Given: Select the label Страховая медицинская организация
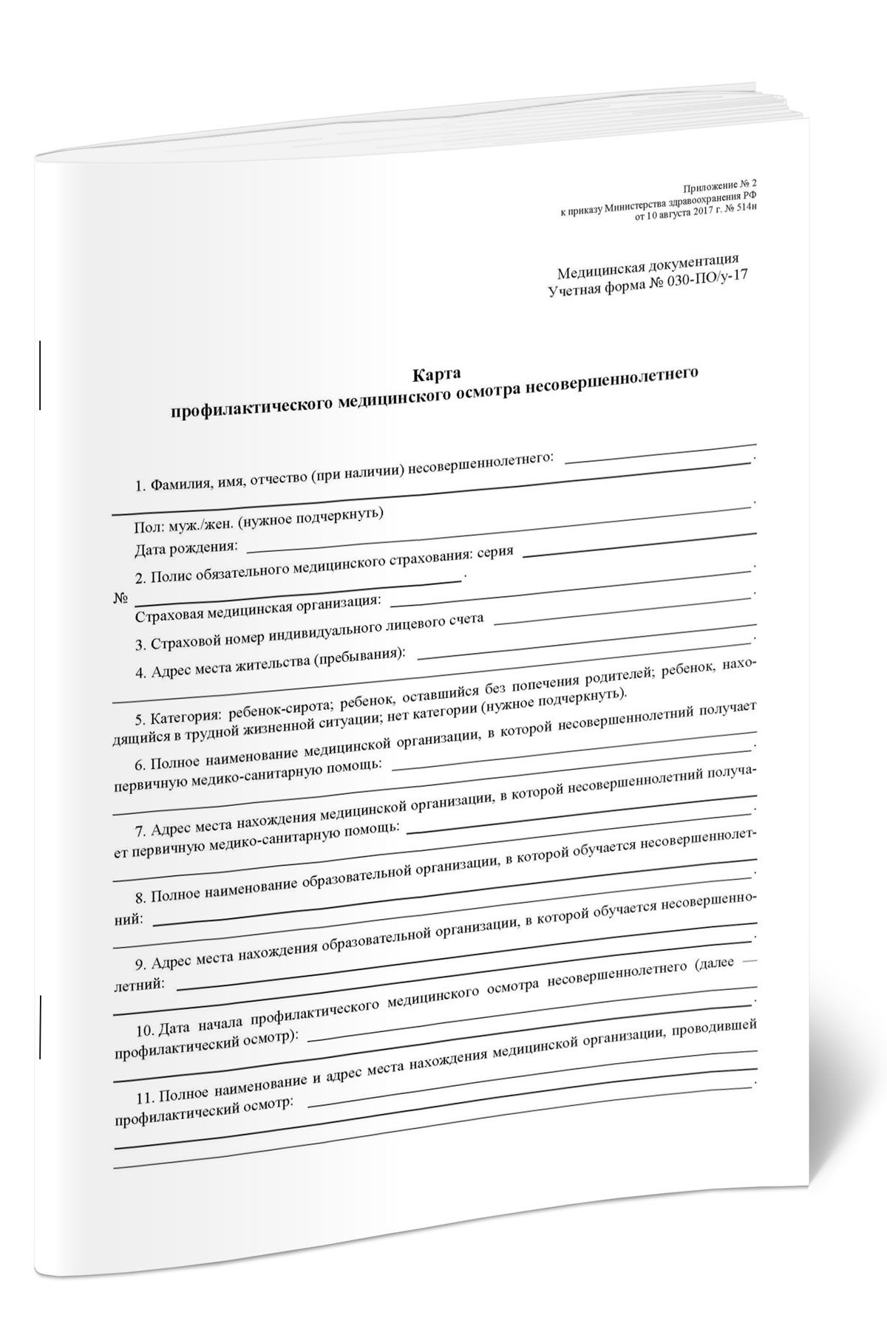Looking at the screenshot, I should coord(259,610).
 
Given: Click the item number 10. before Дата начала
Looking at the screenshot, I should coord(145,1031).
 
